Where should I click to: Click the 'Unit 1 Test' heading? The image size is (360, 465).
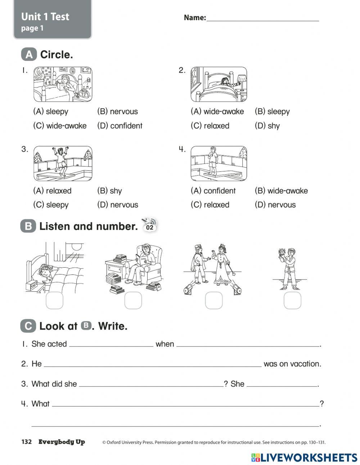pyautogui.click(x=45, y=17)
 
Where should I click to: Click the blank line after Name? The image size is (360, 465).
pyautogui.click(x=262, y=19)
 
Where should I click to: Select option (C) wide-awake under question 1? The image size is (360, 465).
pyautogui.click(x=60, y=126)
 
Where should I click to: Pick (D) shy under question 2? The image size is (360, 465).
pyautogui.click(x=267, y=126)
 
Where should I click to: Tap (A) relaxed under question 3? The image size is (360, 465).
pyautogui.click(x=52, y=191)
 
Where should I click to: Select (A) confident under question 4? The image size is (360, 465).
pyautogui.click(x=213, y=191)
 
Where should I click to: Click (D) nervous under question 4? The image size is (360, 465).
pyautogui.click(x=275, y=205)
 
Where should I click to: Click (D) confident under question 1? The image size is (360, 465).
pyautogui.click(x=120, y=126)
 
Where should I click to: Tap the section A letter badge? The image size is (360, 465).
pyautogui.click(x=29, y=55)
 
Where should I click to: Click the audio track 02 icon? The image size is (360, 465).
pyautogui.click(x=149, y=225)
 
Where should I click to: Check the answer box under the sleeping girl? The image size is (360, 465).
pyautogui.click(x=54, y=300)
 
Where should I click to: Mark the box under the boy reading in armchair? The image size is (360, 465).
pyautogui.click(x=133, y=300)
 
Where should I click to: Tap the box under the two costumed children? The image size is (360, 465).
pyautogui.click(x=214, y=300)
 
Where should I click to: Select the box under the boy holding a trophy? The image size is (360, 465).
pyautogui.click(x=292, y=300)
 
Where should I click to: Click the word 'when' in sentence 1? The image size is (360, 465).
pyautogui.click(x=165, y=344)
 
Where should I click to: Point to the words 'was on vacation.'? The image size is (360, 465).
pyautogui.click(x=292, y=364)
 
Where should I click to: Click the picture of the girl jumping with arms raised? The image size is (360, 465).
pyautogui.click(x=63, y=163)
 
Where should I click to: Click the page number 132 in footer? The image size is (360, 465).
pyautogui.click(x=27, y=442)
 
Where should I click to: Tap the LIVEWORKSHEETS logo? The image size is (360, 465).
pyautogui.click(x=304, y=457)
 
